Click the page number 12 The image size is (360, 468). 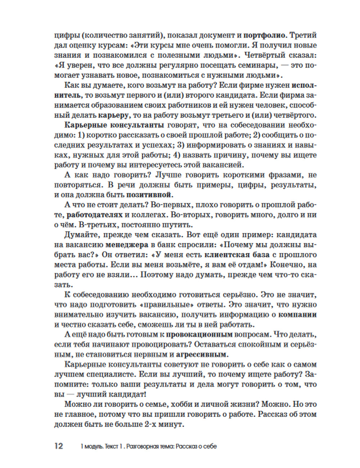pyautogui.click(x=59, y=446)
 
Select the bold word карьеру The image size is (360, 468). pyautogui.click(x=113, y=115)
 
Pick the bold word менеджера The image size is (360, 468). pyautogui.click(x=127, y=245)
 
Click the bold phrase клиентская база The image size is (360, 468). pyautogui.click(x=237, y=255)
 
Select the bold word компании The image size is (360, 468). pyautogui.click(x=298, y=314)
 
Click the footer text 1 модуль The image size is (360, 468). pyautogui.click(x=91, y=446)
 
